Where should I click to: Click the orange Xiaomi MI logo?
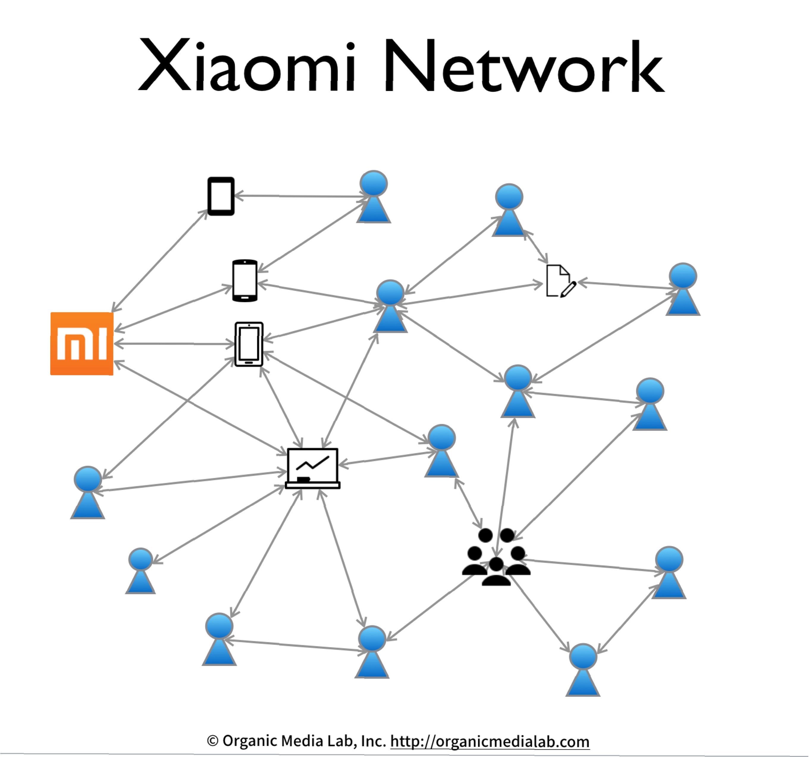(81, 344)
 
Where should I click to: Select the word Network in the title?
(525, 65)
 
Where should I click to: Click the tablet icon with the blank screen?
(221, 196)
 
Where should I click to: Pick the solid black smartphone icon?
(245, 281)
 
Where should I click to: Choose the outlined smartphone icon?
(249, 344)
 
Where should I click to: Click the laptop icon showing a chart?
(313, 468)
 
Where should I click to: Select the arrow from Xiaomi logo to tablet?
(160, 261)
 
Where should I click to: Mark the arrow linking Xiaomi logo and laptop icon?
(200, 408)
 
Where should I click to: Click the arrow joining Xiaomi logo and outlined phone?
(175, 344)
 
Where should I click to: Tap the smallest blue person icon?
(140, 570)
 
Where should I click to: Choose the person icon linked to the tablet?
(374, 196)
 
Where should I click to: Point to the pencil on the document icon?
(569, 289)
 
